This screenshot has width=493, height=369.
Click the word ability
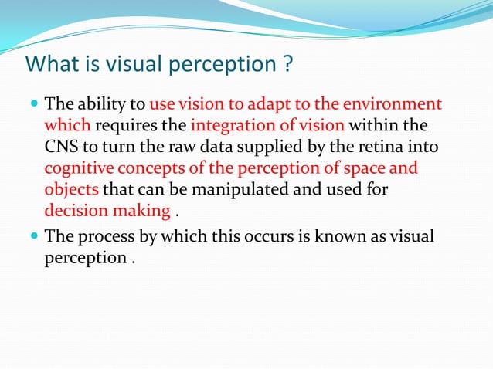point(105,104)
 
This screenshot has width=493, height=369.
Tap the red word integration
point(231,125)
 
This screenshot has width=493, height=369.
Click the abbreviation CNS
point(61,147)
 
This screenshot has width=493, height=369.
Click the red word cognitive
point(77,168)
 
